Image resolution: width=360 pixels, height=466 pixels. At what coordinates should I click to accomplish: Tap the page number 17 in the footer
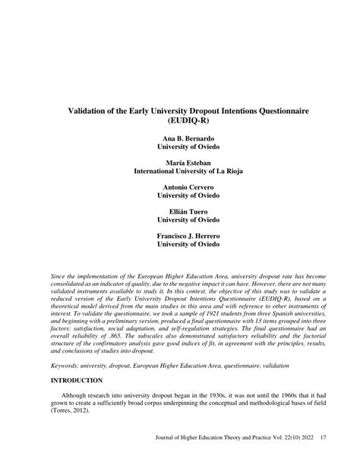point(324,458)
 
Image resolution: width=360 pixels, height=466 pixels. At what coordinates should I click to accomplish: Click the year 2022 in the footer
point(305,458)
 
